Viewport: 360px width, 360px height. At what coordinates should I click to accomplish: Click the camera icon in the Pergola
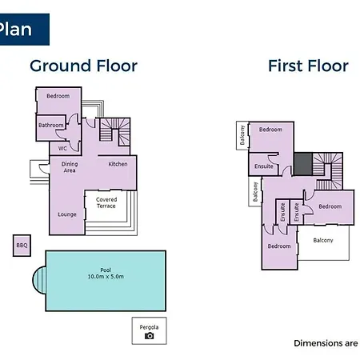[x=150, y=336]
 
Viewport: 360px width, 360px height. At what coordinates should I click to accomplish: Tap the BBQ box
[x=22, y=246]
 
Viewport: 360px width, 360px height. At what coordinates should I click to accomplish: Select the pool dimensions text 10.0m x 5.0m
[x=106, y=277]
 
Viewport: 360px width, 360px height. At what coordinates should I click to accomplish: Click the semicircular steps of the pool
[x=39, y=280]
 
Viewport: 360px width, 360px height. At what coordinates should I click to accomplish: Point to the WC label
[x=62, y=148]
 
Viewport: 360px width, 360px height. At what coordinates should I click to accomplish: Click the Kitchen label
[x=118, y=164]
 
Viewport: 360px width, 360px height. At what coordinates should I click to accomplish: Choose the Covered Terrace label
[x=106, y=202]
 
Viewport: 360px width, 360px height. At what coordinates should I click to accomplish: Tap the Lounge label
[x=67, y=214]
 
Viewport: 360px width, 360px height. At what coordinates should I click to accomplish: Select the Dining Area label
[x=70, y=167]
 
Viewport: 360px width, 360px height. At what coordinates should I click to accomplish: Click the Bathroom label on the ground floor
[x=51, y=125]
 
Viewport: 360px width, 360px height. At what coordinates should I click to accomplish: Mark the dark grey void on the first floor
[x=303, y=164]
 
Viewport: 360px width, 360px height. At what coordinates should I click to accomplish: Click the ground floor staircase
[x=115, y=132]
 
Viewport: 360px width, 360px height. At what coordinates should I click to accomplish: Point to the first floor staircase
[x=328, y=171]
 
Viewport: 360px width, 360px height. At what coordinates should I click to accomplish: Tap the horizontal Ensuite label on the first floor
[x=264, y=166]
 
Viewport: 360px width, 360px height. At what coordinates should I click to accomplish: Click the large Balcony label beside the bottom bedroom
[x=323, y=241]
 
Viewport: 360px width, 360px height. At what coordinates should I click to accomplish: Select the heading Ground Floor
[x=83, y=66]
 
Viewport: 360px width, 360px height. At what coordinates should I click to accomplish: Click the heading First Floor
[x=308, y=66]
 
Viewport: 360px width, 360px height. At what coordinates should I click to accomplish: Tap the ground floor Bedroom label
[x=58, y=96]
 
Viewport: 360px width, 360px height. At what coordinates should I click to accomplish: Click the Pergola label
[x=149, y=327]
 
